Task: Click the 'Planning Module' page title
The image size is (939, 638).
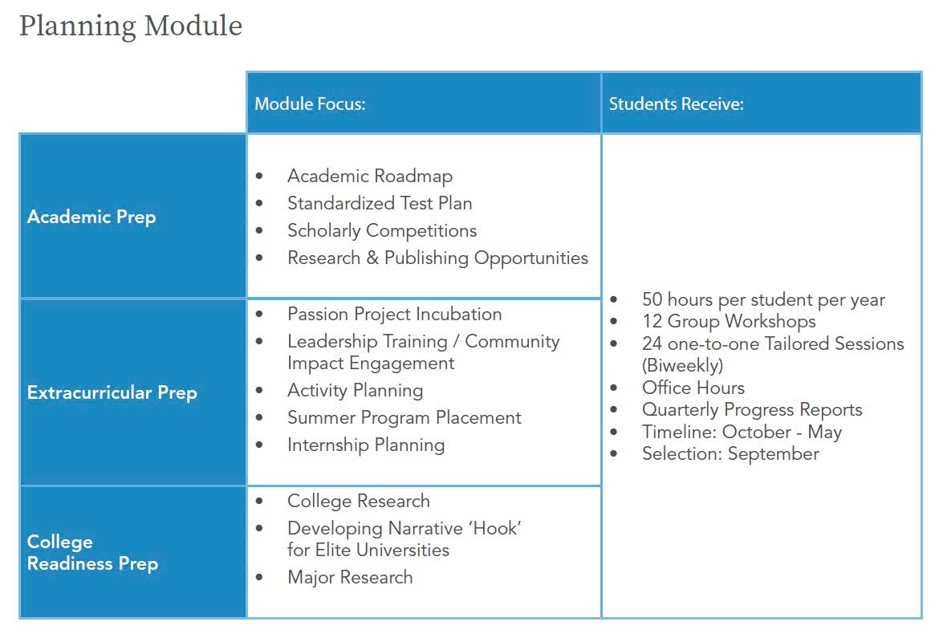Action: (130, 26)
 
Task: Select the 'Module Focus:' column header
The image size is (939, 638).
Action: (310, 104)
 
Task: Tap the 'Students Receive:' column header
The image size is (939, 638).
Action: (676, 104)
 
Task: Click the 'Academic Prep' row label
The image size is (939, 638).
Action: (91, 217)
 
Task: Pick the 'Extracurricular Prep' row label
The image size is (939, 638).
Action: (112, 392)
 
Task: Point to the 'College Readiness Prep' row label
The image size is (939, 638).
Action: (92, 553)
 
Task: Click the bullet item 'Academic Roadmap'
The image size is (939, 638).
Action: (370, 176)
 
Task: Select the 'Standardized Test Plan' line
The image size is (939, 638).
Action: (380, 203)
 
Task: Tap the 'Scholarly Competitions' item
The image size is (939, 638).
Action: (382, 230)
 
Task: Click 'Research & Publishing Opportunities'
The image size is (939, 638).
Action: (437, 258)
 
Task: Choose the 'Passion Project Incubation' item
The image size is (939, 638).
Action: (394, 314)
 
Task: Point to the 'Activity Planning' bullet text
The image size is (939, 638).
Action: (355, 391)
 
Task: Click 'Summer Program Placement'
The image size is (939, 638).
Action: (404, 417)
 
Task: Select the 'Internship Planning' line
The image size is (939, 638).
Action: (365, 445)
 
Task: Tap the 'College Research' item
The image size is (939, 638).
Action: (358, 501)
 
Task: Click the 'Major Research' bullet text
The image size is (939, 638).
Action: (350, 577)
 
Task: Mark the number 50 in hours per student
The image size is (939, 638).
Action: (652, 300)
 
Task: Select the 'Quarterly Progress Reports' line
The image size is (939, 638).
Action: (752, 409)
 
